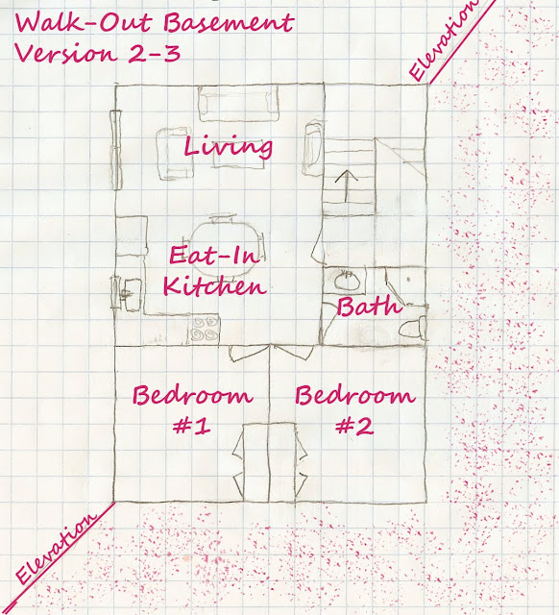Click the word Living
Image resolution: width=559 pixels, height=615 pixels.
tap(229, 147)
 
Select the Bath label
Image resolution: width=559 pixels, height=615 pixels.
tap(369, 306)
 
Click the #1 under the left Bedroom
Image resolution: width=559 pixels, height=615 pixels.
tap(192, 427)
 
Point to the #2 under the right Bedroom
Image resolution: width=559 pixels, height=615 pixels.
tap(354, 427)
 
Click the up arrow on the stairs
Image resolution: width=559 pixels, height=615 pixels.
tap(347, 185)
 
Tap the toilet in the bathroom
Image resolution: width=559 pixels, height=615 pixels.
tap(413, 328)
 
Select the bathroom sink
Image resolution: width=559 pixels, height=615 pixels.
tap(347, 281)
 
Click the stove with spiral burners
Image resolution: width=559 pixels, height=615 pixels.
tap(204, 329)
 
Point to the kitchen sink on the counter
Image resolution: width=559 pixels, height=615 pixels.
tap(132, 292)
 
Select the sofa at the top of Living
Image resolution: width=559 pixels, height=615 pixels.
tap(239, 103)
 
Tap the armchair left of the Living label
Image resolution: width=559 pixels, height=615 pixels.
tap(175, 154)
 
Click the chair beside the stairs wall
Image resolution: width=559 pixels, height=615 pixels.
tap(313, 148)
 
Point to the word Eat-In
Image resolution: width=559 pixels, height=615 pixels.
tap(214, 254)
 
